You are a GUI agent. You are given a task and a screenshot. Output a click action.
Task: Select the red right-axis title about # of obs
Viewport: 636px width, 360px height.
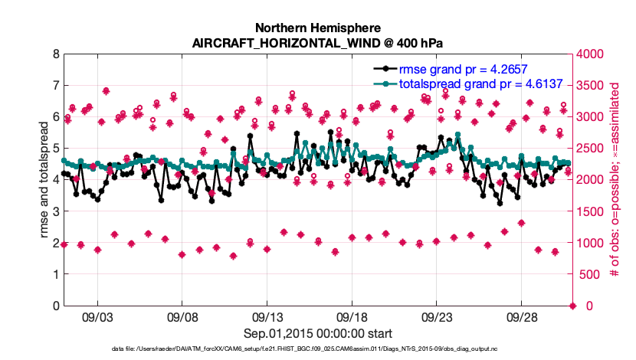pos(615,180)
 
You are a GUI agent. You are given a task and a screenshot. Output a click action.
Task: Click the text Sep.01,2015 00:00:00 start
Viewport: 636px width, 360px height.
pos(318,333)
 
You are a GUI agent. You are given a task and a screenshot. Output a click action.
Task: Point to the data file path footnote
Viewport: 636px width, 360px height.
pos(318,349)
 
